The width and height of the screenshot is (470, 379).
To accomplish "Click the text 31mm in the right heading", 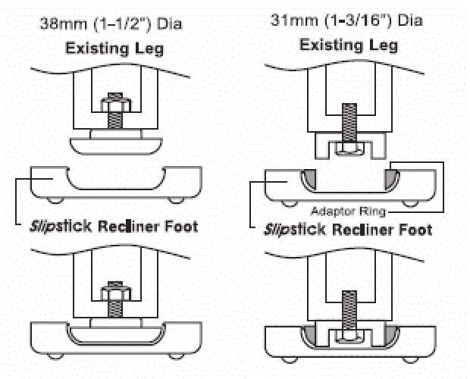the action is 294,20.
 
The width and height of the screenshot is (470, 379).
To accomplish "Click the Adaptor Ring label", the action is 348,211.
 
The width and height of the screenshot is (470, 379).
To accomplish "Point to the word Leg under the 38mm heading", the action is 149,49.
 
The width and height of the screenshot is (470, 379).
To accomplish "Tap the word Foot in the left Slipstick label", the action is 182,227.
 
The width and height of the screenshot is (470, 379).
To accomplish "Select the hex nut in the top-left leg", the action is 115,105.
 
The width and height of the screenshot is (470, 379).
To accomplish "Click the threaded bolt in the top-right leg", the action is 349,123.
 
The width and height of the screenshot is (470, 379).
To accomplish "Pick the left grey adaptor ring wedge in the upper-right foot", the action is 309,179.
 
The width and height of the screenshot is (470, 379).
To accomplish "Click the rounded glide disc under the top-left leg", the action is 116,146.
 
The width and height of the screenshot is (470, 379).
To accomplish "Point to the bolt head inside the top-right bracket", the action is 349,149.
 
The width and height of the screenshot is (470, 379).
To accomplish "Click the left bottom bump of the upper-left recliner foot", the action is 55,200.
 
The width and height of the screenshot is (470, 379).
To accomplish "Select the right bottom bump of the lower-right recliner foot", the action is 410,359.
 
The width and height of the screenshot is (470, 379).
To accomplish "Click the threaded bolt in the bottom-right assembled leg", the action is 349,311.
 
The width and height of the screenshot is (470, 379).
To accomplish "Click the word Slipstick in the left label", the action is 61,227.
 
